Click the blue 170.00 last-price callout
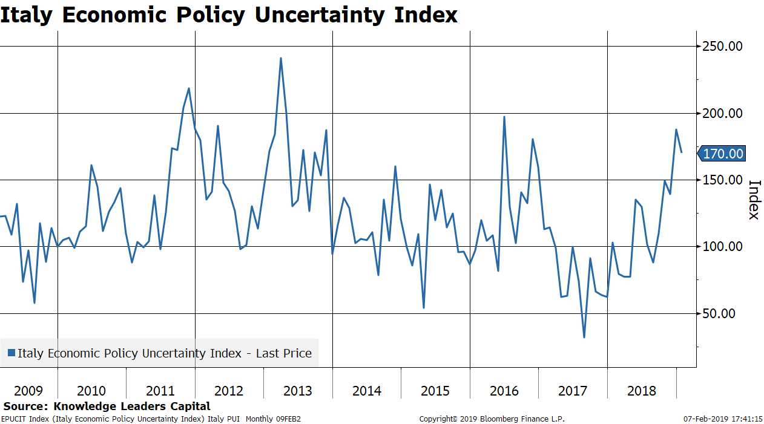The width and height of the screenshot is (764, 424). pos(722,154)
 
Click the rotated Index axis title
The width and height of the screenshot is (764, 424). pos(754,200)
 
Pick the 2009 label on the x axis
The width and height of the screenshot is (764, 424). pos(28,391)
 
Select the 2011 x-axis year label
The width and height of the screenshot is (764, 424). pos(160,391)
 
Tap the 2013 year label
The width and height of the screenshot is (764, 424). pos(298,391)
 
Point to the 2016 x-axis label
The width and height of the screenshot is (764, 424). pos(504,391)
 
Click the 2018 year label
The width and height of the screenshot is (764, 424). pos(641,391)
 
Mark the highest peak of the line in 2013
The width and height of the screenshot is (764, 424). pos(281,58)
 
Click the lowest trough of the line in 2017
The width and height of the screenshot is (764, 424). pos(584,338)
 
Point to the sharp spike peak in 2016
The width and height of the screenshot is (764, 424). pos(504,117)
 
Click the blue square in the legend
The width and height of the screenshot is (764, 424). pos(11,353)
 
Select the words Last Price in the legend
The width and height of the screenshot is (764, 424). pos(283,353)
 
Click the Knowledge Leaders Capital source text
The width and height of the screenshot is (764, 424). pos(132,406)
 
